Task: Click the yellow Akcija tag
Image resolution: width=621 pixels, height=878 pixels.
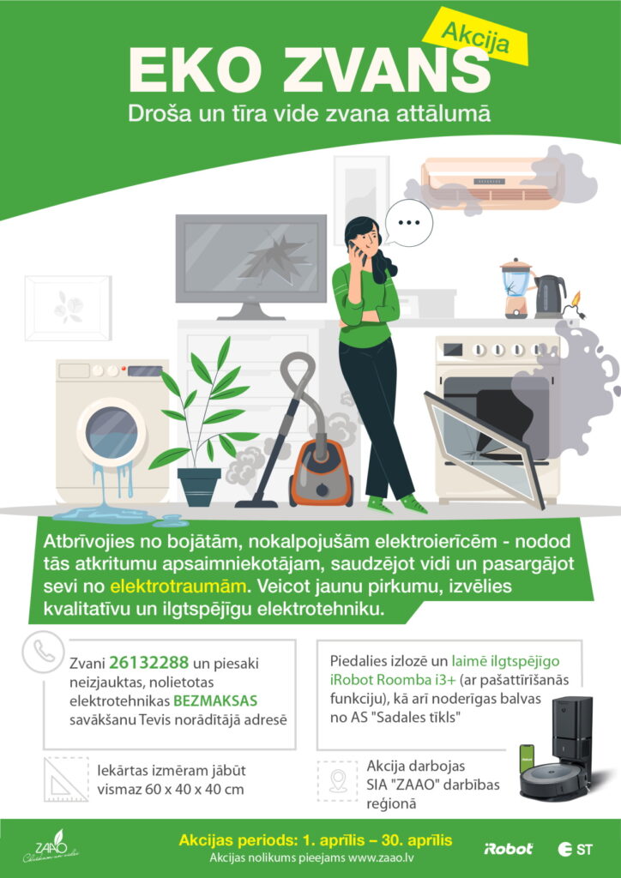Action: pyautogui.click(x=476, y=39)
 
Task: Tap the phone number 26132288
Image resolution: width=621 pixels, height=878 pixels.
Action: pyautogui.click(x=149, y=663)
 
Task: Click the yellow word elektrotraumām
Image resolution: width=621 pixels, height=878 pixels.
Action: pyautogui.click(x=178, y=586)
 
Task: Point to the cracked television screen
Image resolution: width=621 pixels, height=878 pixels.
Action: pyautogui.click(x=250, y=259)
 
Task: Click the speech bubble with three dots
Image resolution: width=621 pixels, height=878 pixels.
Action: pyautogui.click(x=409, y=223)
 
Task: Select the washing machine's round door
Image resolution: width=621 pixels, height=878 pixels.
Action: pyautogui.click(x=111, y=432)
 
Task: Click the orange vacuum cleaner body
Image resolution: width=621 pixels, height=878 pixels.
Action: pyautogui.click(x=321, y=473)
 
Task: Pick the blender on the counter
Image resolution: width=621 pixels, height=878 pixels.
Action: pyautogui.click(x=515, y=289)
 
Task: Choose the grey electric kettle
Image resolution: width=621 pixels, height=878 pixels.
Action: pyautogui.click(x=549, y=297)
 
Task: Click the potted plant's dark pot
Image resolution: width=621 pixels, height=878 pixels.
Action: pyautogui.click(x=199, y=487)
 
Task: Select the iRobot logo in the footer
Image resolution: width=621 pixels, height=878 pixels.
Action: pyautogui.click(x=508, y=849)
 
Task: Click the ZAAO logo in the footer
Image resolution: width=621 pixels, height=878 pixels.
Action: pyautogui.click(x=51, y=846)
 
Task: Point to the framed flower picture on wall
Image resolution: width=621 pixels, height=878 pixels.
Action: pyautogui.click(x=68, y=308)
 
